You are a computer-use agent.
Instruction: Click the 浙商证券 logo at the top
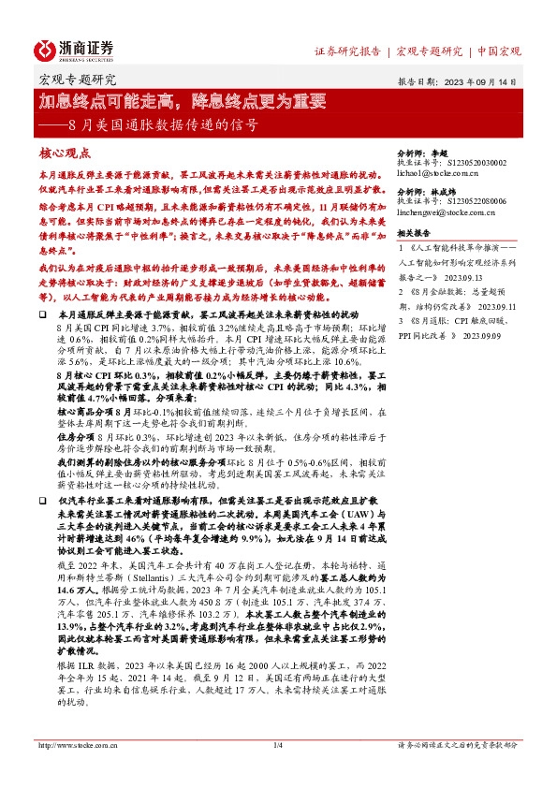click(74, 49)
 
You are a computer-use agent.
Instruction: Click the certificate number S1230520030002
click(476, 162)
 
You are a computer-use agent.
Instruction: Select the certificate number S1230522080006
click(476, 200)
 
